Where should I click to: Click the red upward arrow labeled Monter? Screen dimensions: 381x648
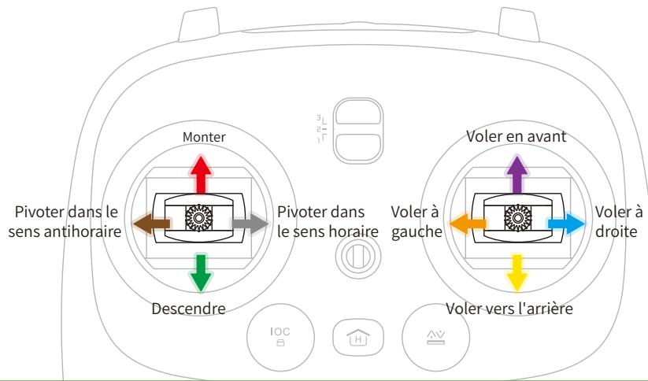point(201,173)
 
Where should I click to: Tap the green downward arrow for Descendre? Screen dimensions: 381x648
point(201,273)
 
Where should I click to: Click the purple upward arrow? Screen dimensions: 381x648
point(517,173)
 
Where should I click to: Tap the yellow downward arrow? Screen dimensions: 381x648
point(517,273)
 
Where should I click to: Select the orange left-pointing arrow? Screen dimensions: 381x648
point(465,224)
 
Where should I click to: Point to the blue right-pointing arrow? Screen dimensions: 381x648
point(568,224)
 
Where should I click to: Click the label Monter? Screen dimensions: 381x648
point(204,137)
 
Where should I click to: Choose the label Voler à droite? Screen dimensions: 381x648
point(619,224)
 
